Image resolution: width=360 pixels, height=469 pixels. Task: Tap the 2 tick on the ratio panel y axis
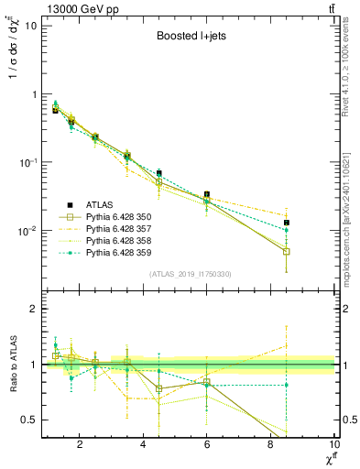tap(33, 309)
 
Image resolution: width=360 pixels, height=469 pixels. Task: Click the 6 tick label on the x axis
tap(207, 446)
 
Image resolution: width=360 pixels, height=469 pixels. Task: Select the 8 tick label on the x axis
tap(271, 446)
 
